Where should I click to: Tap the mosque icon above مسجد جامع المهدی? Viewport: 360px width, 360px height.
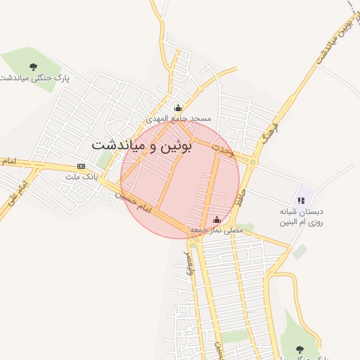click(178, 108)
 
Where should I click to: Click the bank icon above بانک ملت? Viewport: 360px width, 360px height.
click(81, 166)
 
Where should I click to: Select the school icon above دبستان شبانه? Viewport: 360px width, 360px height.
click(302, 200)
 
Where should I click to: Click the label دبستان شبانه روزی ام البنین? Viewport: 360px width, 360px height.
click(302, 217)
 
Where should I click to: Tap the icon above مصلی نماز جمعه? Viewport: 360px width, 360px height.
click(216, 219)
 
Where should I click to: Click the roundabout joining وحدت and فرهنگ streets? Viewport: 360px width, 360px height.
click(252, 162)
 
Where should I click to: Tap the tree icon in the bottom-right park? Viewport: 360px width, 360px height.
click(300, 349)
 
